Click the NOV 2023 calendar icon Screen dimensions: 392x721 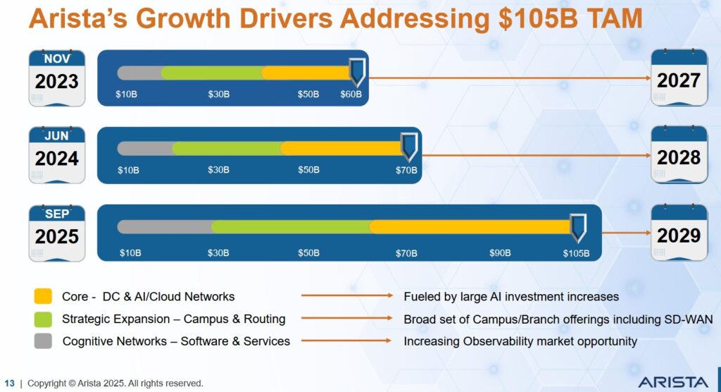pos(57,78)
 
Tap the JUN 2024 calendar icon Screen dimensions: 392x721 pos(57,154)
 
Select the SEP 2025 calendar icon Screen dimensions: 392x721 pos(57,232)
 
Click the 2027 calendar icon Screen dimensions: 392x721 pos(679,78)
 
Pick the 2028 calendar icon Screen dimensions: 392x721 pos(679,154)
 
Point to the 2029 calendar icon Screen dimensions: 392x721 pos(679,232)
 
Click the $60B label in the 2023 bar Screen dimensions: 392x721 pos(351,94)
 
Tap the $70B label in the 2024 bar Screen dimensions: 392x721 pos(406,170)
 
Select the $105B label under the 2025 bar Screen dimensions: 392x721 pos(576,253)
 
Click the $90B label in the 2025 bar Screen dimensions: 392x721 pos(500,253)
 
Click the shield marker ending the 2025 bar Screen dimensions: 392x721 pos(578,226)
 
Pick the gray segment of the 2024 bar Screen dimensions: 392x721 pos(144,148)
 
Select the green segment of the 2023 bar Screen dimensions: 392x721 pos(211,72)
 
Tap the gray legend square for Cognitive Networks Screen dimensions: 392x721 pos(43,341)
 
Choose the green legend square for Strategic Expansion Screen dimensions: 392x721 pos(43,319)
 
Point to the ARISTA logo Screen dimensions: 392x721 pos(673,381)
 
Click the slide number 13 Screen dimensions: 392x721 pos(9,383)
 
